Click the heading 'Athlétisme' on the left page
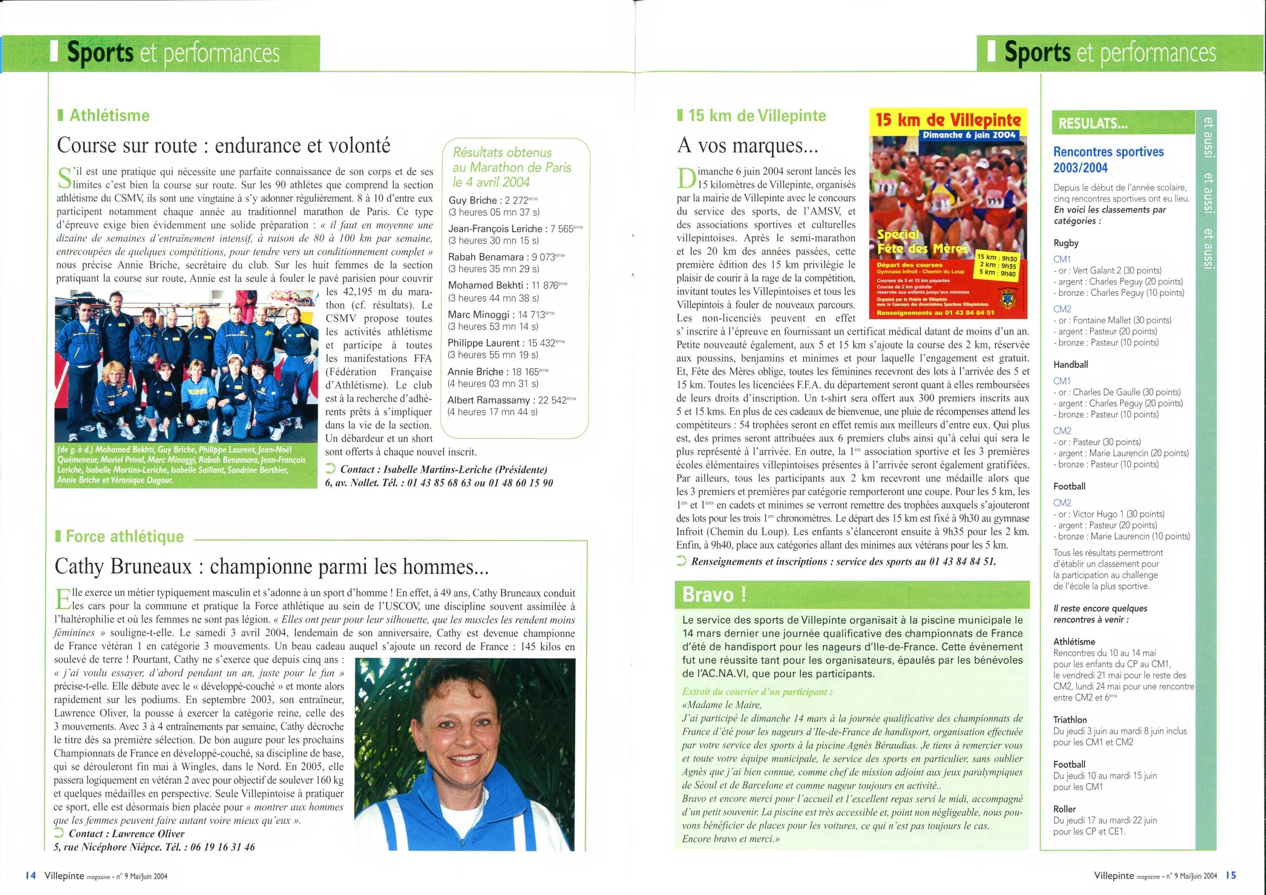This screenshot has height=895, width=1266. (x=109, y=115)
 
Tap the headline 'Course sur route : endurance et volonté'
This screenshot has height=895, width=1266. (x=224, y=145)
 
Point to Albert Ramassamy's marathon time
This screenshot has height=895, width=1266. (x=493, y=412)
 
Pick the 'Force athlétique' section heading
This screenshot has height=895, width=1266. (x=124, y=536)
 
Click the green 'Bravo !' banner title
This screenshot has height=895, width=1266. (x=715, y=594)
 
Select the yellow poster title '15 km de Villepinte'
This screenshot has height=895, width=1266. (x=948, y=120)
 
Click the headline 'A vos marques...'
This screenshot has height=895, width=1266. (x=747, y=145)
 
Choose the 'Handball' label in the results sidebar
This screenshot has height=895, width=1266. (x=1070, y=364)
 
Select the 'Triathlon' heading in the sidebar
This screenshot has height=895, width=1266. (x=1070, y=719)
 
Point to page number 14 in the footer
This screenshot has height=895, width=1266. (x=30, y=875)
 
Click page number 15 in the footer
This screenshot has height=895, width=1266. (x=1231, y=875)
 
